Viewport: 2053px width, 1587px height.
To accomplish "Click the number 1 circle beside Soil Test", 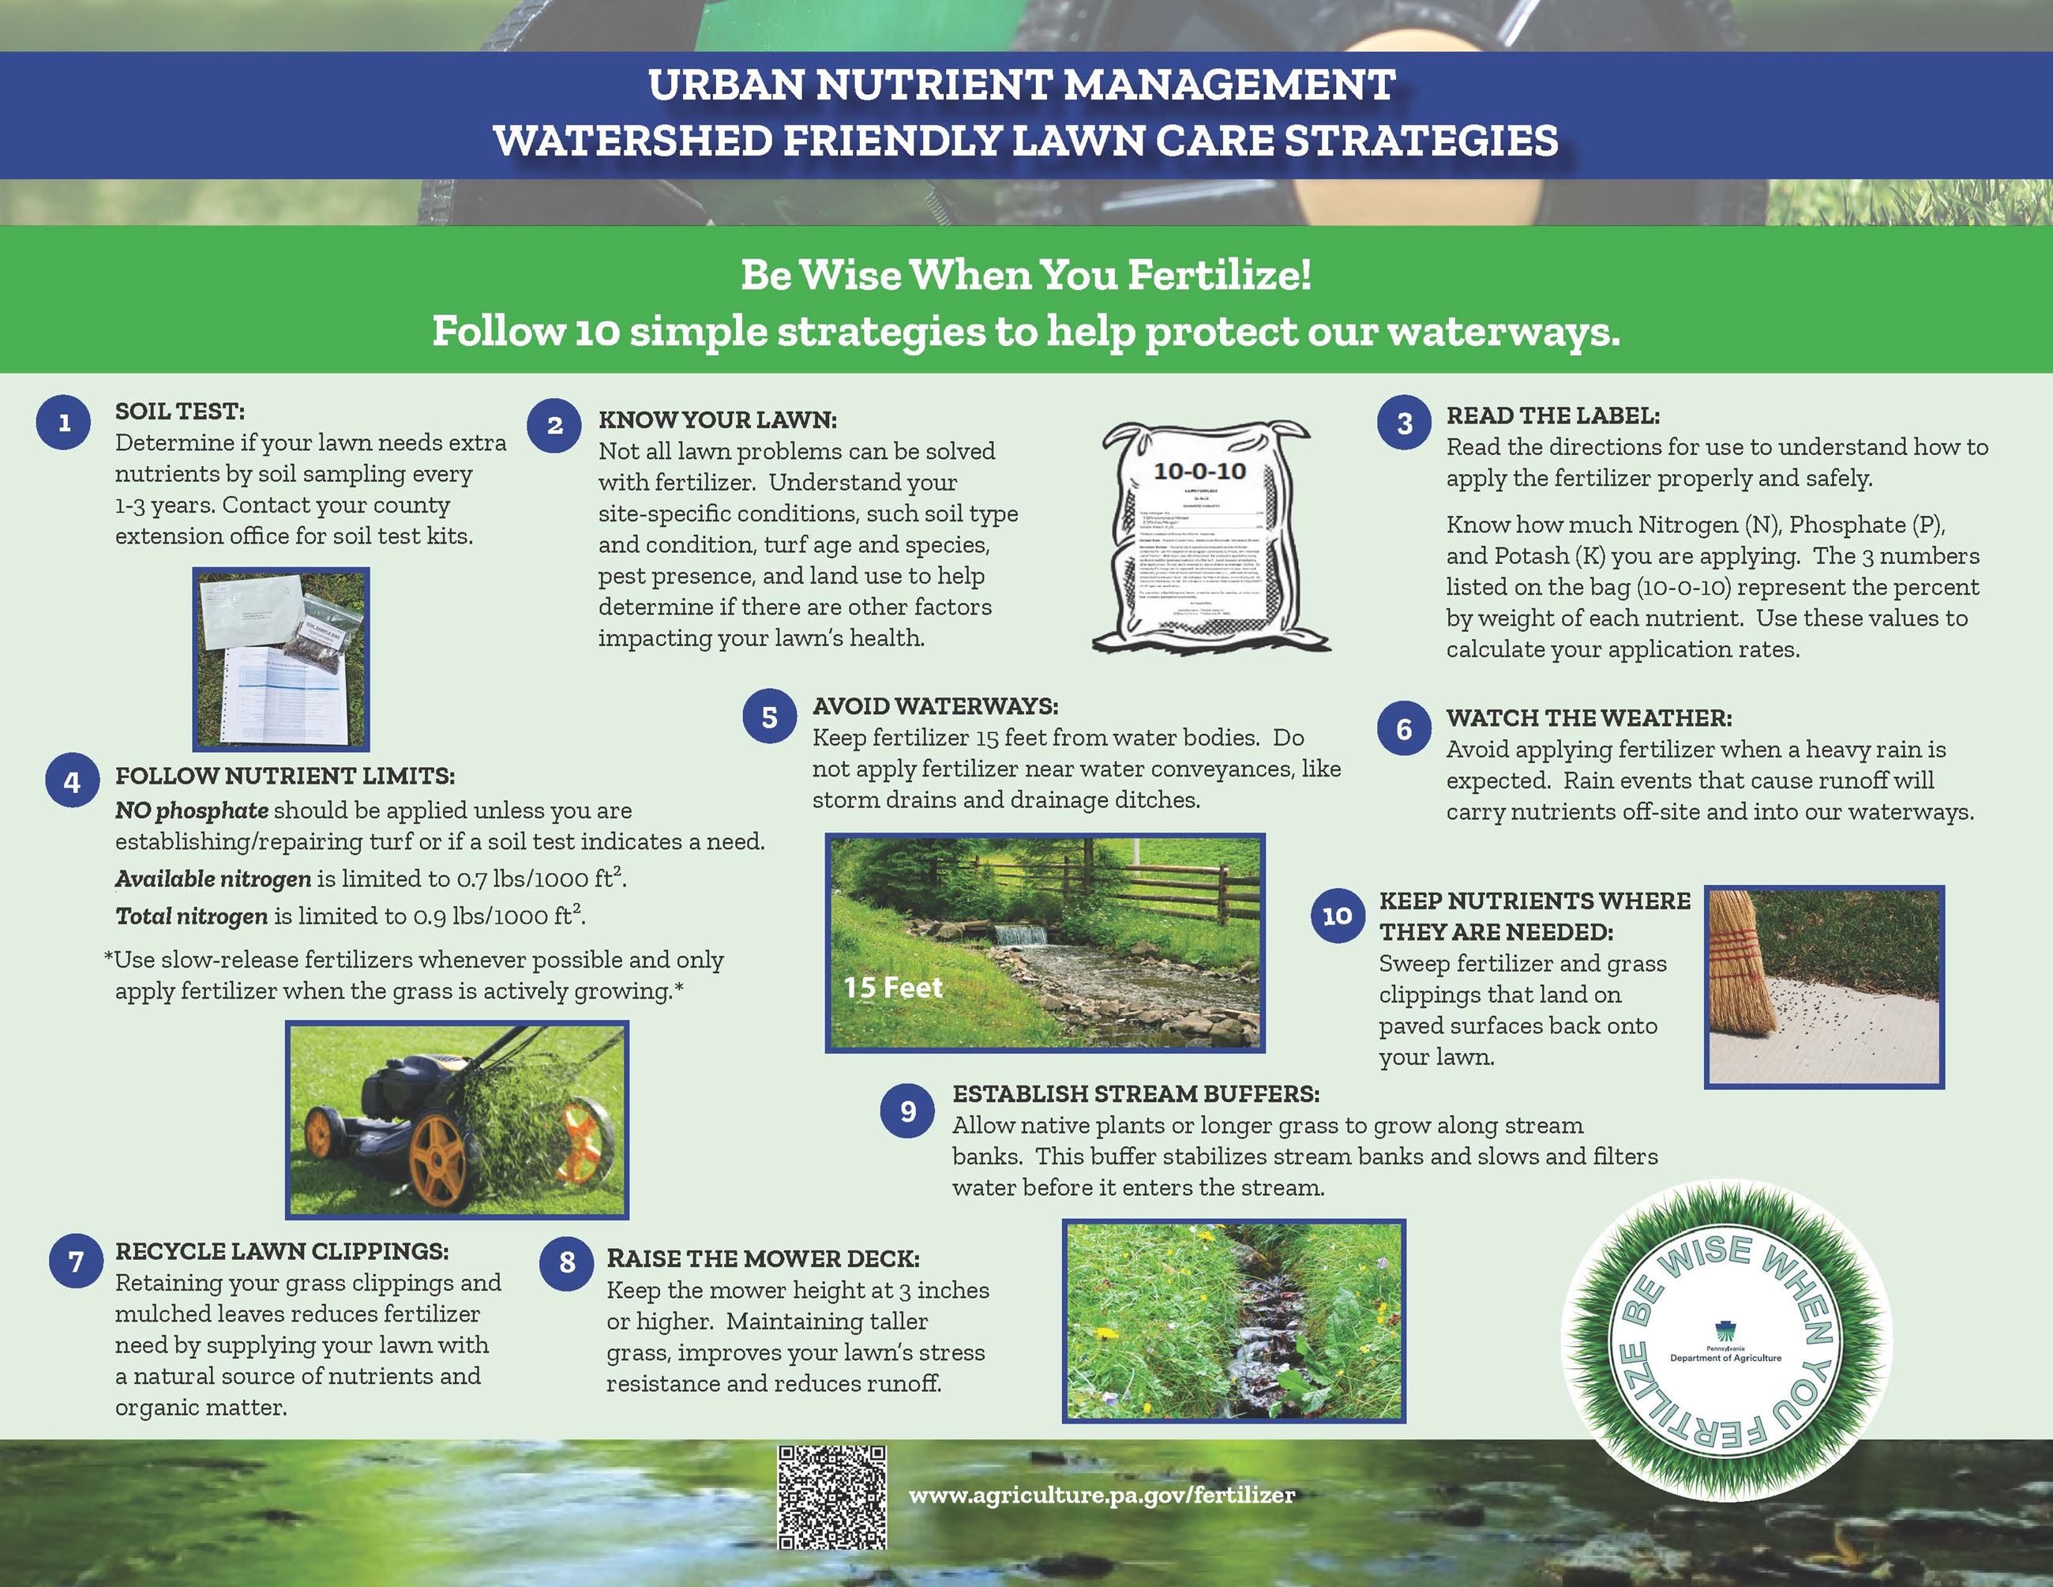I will click(x=64, y=422).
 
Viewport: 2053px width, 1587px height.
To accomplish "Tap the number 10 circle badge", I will click(x=1337, y=915).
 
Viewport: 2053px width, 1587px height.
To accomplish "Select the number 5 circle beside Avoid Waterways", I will click(x=769, y=717).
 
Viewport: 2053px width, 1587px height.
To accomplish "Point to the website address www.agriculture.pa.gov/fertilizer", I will click(x=1101, y=1495).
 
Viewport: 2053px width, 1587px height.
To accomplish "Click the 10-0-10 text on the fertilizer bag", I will click(x=1199, y=470).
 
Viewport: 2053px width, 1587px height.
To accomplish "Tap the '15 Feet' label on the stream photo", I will click(x=892, y=988).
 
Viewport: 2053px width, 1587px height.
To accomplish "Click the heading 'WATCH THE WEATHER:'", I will click(x=1589, y=718).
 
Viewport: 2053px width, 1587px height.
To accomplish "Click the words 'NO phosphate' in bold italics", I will click(x=192, y=810).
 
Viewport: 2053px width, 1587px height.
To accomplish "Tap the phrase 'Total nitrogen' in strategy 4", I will click(x=191, y=916).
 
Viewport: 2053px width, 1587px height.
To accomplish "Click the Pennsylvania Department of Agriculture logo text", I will click(x=1725, y=1354).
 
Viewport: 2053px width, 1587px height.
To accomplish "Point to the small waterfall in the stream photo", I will click(x=1020, y=936).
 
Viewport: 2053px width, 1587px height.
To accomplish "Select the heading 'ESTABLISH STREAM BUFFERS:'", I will click(x=1135, y=1093).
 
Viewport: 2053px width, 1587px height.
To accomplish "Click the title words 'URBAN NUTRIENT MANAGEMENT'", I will click(x=1022, y=85).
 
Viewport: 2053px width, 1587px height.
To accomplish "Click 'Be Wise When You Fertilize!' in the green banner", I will click(x=1026, y=276).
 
